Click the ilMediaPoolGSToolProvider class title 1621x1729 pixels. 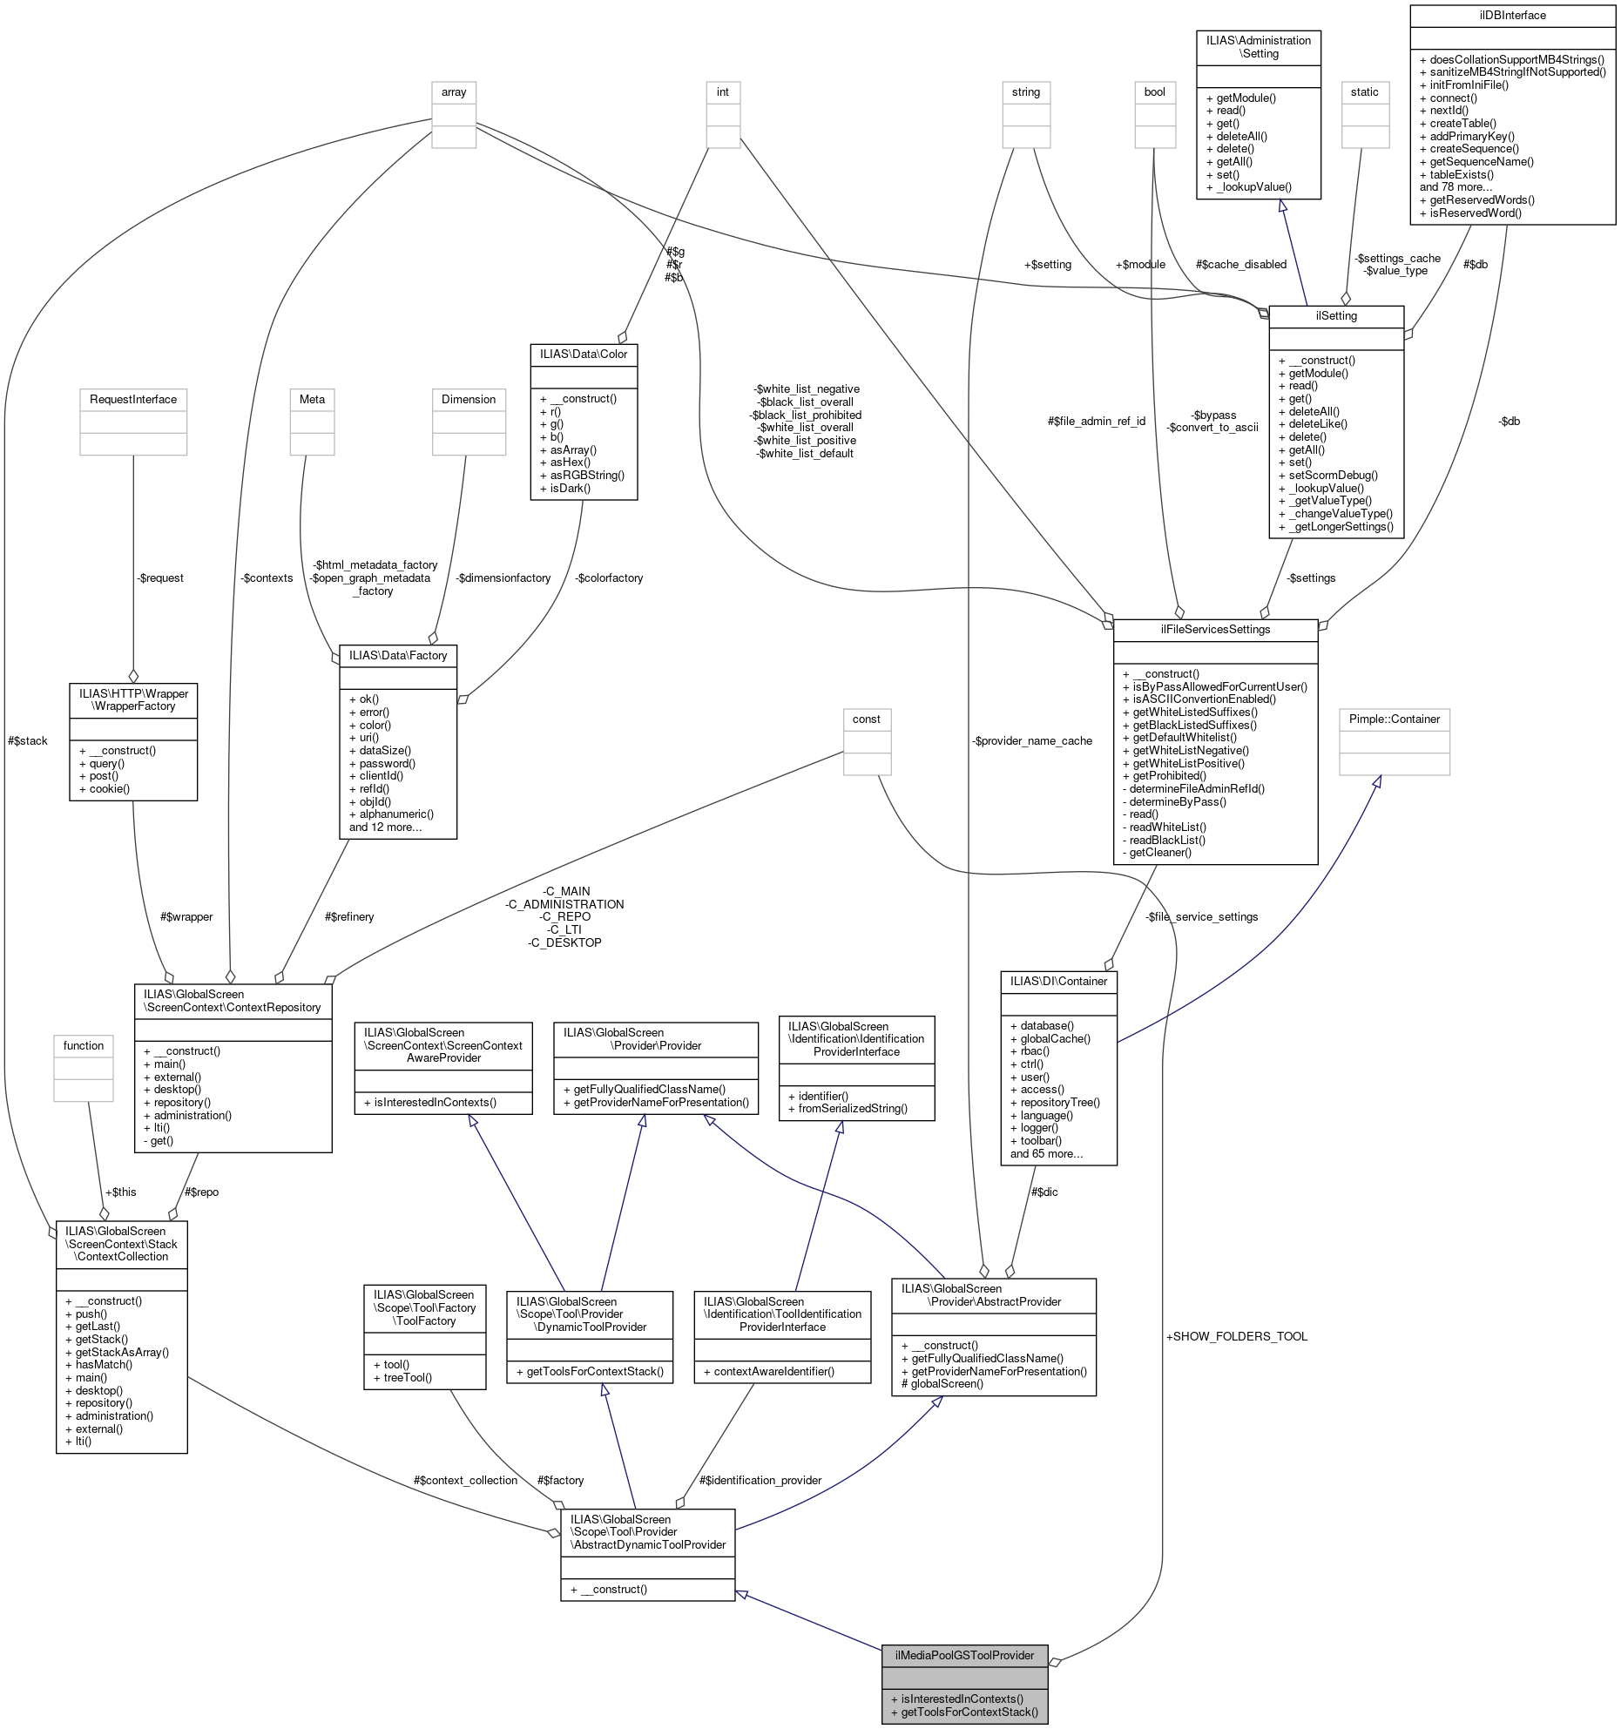coord(964,1654)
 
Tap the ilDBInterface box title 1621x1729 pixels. coord(1512,15)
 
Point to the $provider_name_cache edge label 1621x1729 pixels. coord(1032,740)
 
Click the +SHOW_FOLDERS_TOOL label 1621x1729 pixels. coord(1236,1336)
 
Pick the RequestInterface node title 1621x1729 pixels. coord(133,399)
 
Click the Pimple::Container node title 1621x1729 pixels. coord(1394,719)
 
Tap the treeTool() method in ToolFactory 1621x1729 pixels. coord(402,1377)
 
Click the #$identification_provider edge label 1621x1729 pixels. coord(760,1480)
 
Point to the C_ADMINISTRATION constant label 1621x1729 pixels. coord(564,904)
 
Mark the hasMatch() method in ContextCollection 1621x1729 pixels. coord(98,1364)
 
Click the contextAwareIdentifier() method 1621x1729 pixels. coord(768,1371)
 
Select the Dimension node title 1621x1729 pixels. coord(469,399)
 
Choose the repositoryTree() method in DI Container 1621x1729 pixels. coord(1055,1102)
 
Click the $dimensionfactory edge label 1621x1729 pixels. coord(503,577)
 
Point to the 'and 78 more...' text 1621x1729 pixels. coord(1456,186)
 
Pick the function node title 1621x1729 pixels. coord(84,1045)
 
